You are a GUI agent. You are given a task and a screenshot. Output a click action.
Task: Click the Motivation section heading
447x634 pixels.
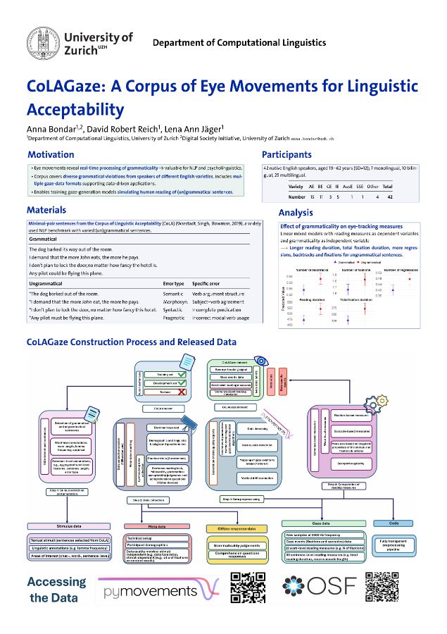pyautogui.click(x=50, y=154)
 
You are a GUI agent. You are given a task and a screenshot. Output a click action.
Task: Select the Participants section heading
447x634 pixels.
pyautogui.click(x=287, y=154)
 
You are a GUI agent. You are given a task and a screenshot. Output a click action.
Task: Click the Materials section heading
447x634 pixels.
pyautogui.click(x=47, y=210)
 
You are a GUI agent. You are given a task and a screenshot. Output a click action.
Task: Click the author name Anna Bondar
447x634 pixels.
pyautogui.click(x=49, y=128)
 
